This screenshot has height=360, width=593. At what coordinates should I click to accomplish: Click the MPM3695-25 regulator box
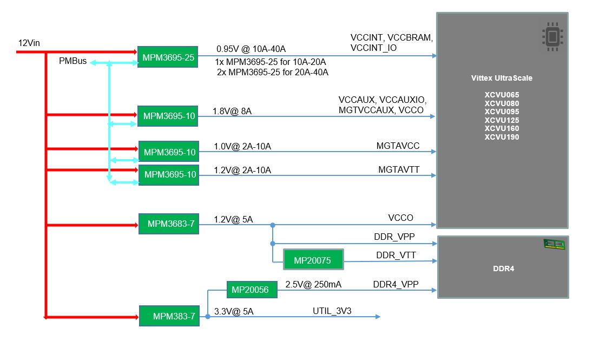point(168,57)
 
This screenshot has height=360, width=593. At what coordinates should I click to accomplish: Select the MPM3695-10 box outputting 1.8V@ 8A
point(169,116)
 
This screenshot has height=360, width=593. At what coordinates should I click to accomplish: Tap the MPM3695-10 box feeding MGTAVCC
point(169,152)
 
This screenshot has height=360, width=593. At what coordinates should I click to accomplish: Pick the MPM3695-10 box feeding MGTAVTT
point(169,174)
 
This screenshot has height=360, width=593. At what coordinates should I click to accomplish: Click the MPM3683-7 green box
point(169,224)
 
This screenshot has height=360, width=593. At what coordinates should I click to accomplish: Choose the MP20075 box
point(314,260)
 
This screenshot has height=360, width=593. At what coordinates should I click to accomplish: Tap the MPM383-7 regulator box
point(169,316)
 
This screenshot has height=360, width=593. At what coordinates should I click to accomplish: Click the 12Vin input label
point(29,42)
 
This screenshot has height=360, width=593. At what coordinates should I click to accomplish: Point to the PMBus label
point(73,61)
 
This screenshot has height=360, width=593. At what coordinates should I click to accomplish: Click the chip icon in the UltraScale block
point(552,37)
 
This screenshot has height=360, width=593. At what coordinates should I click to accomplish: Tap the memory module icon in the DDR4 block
point(554,245)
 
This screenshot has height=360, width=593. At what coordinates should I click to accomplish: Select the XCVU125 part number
point(502,120)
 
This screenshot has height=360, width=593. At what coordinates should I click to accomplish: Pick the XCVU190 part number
point(502,137)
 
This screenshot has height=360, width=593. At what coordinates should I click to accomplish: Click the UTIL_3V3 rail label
point(333,311)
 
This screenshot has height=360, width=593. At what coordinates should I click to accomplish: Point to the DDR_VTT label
point(395,255)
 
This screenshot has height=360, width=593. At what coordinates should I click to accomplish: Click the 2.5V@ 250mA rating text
point(313,284)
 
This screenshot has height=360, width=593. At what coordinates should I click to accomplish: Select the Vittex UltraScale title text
point(502,78)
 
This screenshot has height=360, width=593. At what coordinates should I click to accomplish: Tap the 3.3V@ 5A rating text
point(234,311)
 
